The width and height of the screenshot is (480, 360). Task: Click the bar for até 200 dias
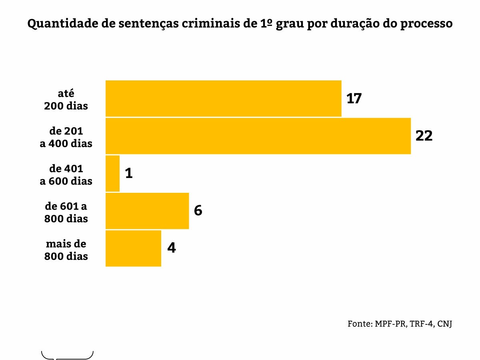[x=223, y=98]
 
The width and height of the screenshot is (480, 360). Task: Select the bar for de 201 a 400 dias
[x=258, y=136]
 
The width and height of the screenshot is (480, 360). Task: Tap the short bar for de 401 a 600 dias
[x=112, y=174]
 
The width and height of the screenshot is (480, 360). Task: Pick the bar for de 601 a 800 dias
[x=147, y=211]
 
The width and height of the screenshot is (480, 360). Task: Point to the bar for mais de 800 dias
[x=133, y=248]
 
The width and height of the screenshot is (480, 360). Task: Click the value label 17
[x=354, y=98]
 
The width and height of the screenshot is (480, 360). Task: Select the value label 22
[x=424, y=136]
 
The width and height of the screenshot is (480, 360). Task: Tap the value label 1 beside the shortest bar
[x=128, y=174]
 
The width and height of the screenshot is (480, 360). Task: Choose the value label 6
[x=198, y=211]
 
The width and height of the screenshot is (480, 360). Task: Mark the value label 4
[x=171, y=248]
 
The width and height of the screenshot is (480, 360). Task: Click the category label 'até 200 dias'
[x=66, y=100]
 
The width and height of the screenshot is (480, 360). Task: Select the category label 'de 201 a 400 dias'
[x=66, y=137]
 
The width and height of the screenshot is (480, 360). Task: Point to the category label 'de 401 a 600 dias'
[x=66, y=175]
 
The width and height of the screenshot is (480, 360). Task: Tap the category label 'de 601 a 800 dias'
[x=66, y=212]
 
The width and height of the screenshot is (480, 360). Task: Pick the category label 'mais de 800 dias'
[x=66, y=250]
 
